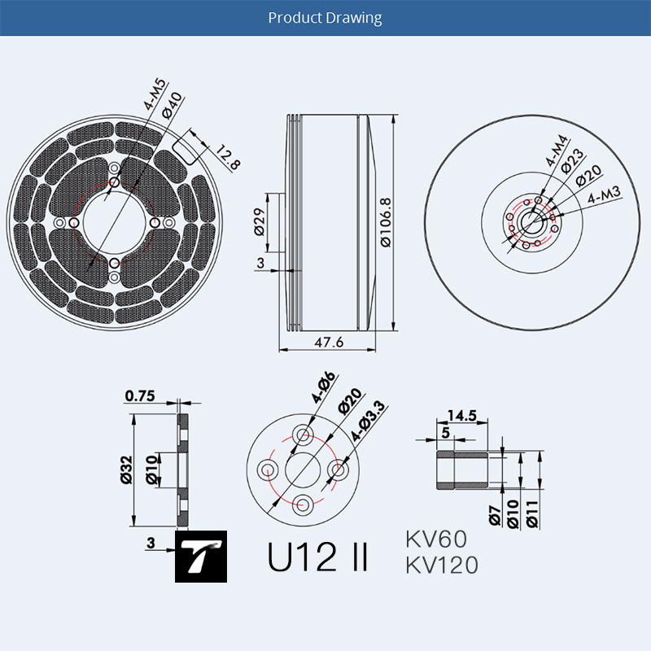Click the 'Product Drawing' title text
point(325,18)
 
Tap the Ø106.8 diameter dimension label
point(386,222)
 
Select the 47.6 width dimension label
point(329,342)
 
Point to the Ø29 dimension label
point(259,221)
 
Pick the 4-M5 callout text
point(155,94)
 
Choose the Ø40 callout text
point(173,105)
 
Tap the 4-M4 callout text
point(557,151)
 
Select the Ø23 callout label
point(572,161)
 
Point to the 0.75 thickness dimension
point(140,395)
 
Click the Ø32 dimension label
point(126,470)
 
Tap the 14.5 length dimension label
point(462,415)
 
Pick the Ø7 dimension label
point(495,516)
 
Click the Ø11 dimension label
point(532,514)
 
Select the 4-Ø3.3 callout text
point(368,421)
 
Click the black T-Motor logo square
point(201,557)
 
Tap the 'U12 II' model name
point(317,557)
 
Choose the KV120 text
point(442,565)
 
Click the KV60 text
point(436,540)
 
